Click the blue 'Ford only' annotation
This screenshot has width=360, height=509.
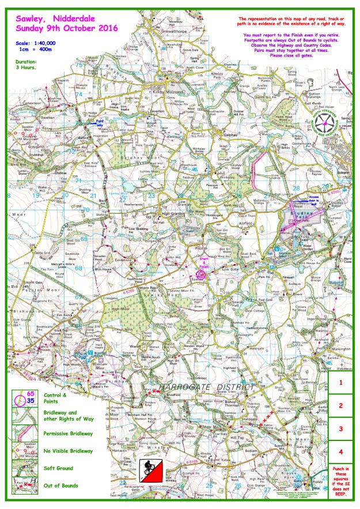coord(107,122)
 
